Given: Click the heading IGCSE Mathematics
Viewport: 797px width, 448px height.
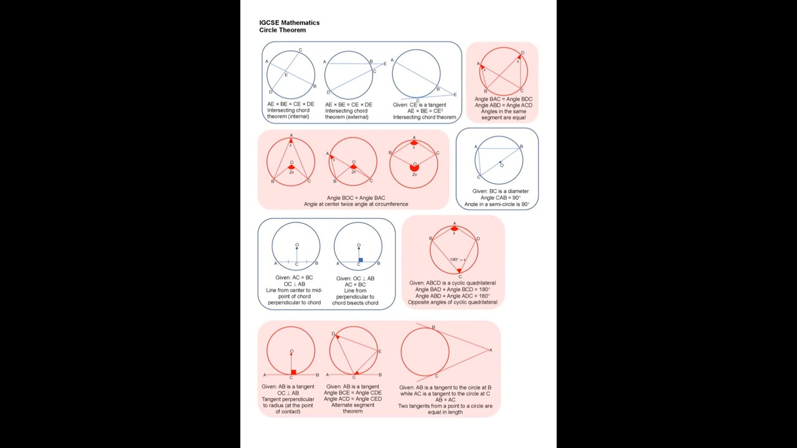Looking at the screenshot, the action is click(290, 23).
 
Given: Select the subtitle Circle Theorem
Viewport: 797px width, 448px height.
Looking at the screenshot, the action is click(283, 30).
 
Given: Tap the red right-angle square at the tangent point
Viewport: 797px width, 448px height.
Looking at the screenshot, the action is click(293, 372).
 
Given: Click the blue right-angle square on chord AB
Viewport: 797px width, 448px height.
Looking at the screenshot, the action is click(361, 260).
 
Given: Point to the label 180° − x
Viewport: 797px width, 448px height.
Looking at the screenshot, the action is click(458, 259).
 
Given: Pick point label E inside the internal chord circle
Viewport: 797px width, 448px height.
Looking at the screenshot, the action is click(286, 75).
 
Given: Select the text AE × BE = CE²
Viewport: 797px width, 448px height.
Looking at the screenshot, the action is click(425, 111).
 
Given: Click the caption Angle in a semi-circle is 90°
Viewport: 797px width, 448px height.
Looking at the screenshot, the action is click(497, 204).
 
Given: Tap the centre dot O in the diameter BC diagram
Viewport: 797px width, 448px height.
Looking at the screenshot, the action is click(500, 162).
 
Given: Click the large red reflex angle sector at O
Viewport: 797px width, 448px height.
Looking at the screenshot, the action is click(414, 167).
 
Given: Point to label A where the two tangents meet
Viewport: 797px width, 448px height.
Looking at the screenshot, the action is click(491, 350).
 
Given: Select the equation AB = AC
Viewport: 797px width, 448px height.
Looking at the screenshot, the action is click(445, 399).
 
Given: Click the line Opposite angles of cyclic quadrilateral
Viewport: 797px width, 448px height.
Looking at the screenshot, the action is click(453, 302).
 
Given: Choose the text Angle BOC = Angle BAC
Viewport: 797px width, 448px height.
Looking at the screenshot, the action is click(356, 198).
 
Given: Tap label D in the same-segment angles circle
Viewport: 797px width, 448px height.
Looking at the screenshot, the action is click(522, 53).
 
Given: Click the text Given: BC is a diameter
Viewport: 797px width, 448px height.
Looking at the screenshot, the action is click(500, 191).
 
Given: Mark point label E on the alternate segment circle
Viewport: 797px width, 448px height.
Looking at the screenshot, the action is click(380, 352).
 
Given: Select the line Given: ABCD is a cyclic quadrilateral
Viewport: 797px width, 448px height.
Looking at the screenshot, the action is click(452, 283).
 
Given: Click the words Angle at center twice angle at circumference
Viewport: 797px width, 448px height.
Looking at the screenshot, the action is click(356, 204).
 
